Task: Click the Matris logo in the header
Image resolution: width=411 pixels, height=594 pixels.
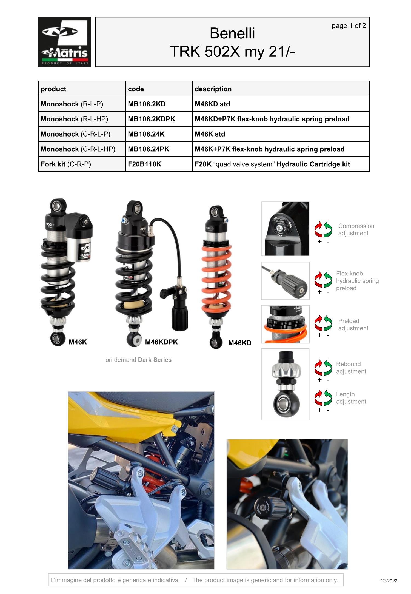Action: (64, 42)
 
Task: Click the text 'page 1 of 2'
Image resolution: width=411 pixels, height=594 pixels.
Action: (349, 26)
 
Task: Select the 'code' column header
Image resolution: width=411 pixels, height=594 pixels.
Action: (136, 89)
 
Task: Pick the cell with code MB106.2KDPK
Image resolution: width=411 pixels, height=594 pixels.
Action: (151, 119)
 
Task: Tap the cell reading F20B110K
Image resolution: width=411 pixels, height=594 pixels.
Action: (144, 164)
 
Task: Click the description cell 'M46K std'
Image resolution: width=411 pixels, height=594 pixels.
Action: (210, 134)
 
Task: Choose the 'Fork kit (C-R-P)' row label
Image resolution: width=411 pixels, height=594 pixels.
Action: (66, 164)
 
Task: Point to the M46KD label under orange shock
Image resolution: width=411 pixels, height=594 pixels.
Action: (239, 343)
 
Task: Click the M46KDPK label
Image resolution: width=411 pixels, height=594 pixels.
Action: (161, 342)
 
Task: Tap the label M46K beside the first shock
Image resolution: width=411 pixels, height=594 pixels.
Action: (78, 342)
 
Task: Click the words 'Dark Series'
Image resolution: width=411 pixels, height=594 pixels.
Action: (155, 360)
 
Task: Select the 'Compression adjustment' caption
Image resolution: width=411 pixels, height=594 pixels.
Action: (356, 230)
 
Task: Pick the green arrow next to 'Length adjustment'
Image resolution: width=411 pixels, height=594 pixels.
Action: (328, 397)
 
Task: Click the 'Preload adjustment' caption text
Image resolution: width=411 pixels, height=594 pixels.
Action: (353, 325)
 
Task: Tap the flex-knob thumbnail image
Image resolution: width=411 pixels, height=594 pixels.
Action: (285, 281)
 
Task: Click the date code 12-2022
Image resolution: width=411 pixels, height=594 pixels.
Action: (389, 581)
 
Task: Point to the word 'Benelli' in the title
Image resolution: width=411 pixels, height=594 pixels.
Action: (232, 33)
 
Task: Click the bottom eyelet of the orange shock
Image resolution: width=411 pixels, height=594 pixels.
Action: (216, 342)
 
